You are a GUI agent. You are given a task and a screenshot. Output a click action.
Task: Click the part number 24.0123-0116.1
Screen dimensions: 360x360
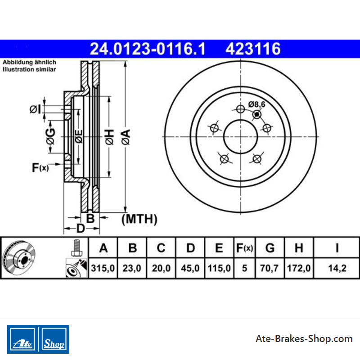pos(148,49)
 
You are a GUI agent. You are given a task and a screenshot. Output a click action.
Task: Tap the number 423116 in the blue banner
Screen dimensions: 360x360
pos(253,49)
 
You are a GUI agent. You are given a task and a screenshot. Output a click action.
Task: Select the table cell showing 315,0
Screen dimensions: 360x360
pos(103,268)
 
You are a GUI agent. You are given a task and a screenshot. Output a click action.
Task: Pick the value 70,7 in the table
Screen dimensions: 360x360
pos(269,268)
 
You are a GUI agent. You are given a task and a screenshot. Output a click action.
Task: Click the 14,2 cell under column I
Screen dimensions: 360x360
pos(337,268)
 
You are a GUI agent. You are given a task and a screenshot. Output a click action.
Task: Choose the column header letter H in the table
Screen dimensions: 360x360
pos(299,248)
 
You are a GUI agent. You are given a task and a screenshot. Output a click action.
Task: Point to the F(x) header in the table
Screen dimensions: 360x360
pos(244,248)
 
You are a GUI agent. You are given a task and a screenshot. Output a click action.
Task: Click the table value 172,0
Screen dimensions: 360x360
pos(299,268)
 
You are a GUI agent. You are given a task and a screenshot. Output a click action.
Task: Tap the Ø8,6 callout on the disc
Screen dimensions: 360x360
pos(256,104)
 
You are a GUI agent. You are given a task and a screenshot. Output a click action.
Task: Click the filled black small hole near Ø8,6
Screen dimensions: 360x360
pos(257,114)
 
